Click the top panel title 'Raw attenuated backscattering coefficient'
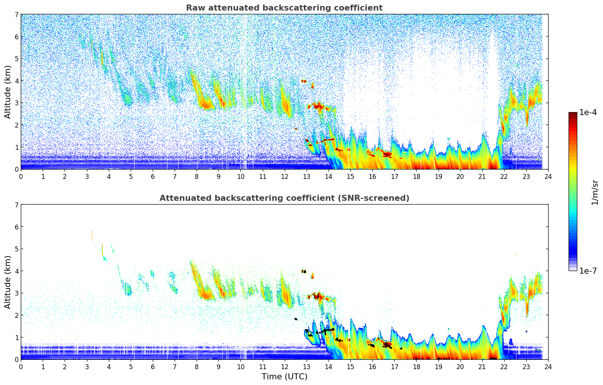click(284, 8)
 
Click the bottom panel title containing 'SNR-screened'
click(284, 198)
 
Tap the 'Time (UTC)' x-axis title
click(284, 377)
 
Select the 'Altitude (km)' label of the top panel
click(8, 92)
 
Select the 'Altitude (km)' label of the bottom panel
click(8, 282)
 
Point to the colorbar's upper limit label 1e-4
click(588, 112)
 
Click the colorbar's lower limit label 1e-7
click(588, 271)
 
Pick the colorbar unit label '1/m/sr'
click(595, 192)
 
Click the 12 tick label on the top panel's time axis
click(284, 176)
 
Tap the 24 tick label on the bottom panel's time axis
click(548, 367)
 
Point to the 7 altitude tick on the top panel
click(16, 15)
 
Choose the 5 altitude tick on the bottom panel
click(16, 249)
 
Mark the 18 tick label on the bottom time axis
click(416, 367)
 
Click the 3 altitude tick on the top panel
click(16, 103)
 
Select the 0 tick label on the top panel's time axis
click(21, 176)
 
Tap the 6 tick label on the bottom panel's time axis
click(153, 367)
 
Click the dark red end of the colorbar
click(572, 114)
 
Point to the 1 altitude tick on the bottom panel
click(16, 337)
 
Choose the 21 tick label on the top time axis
click(482, 176)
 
